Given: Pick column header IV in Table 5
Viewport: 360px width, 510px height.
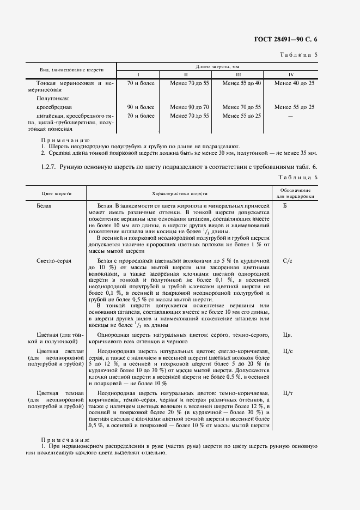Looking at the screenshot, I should coord(294,74).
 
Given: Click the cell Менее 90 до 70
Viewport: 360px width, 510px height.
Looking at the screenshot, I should coord(190,107).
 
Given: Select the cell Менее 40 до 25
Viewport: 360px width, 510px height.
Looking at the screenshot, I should coord(294,83).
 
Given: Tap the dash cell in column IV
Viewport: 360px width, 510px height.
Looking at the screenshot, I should coord(294,116).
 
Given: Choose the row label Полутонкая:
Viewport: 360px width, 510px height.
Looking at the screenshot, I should coord(52,99).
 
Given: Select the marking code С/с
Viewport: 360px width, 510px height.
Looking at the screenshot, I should coord(288,262).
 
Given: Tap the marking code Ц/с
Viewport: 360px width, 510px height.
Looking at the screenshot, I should coord(288,351).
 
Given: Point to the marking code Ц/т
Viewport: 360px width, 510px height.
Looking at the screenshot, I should coord(288,393).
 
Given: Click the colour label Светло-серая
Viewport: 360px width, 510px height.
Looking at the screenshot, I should coord(54,262).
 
